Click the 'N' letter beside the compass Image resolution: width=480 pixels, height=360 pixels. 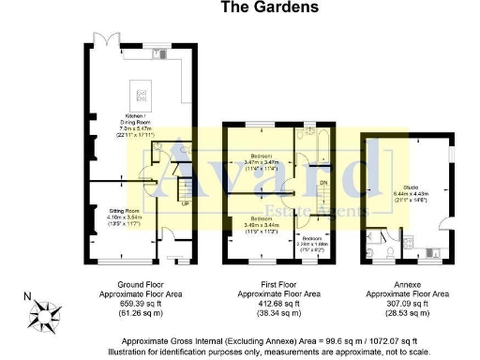29,299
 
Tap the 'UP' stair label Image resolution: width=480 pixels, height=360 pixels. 184,204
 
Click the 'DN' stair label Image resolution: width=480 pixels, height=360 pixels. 324,183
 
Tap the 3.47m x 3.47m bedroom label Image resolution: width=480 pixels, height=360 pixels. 260,159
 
